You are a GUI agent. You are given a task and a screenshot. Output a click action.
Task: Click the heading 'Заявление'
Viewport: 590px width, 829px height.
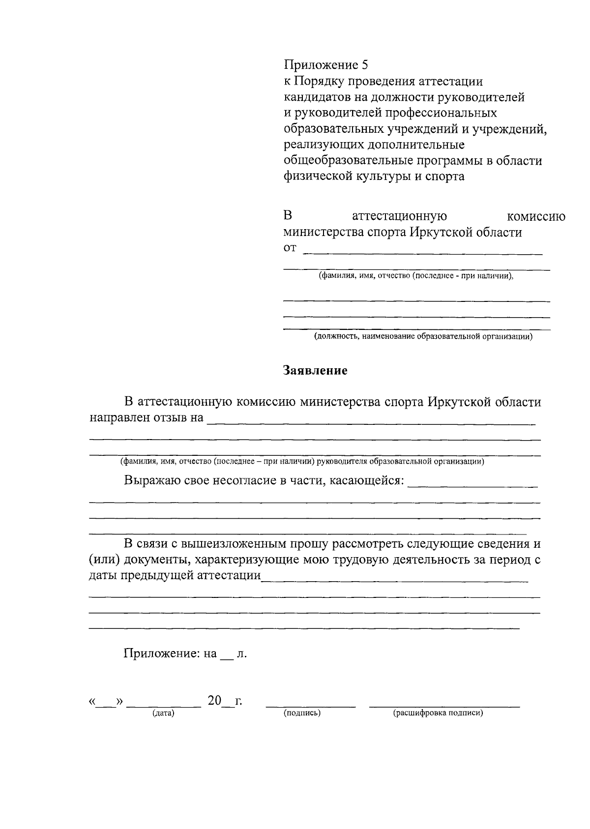(315, 371)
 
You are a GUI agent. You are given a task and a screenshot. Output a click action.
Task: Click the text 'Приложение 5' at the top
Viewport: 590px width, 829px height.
(325, 65)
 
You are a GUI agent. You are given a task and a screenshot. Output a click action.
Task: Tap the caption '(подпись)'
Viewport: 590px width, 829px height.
(302, 713)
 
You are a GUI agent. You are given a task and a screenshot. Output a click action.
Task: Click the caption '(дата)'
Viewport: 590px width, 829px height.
(164, 713)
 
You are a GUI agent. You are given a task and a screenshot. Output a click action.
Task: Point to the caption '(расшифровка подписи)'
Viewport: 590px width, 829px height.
(438, 713)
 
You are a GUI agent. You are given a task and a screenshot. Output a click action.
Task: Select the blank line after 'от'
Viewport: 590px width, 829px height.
(423, 253)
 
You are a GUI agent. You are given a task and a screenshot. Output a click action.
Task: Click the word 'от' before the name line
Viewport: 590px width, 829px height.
(290, 248)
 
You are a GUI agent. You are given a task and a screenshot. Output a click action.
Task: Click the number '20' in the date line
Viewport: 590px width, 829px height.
(215, 701)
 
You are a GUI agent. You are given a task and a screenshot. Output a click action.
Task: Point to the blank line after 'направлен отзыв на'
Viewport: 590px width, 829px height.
(371, 422)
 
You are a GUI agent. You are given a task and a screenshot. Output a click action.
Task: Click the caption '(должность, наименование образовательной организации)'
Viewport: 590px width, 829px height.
(423, 337)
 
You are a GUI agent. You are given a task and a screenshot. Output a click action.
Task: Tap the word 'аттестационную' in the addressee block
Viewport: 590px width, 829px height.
(399, 217)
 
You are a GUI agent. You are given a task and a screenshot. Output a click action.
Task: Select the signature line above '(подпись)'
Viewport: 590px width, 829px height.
(310, 707)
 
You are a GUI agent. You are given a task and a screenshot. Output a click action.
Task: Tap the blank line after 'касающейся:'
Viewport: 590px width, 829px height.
(473, 486)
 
